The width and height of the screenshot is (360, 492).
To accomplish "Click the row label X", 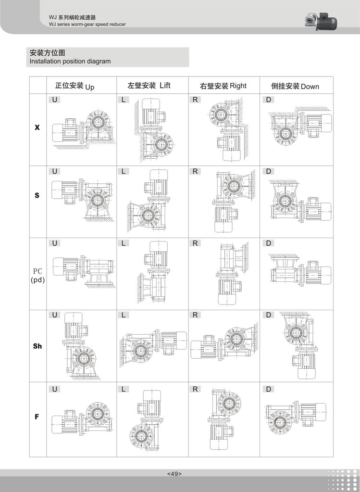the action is coord(37,127).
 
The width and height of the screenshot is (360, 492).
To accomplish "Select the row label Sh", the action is coord(37,346).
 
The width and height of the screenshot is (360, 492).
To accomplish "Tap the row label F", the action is coord(37,417).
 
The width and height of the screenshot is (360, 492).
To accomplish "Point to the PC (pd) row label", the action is coord(37,276).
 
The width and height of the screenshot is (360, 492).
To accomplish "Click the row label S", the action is coord(37,195).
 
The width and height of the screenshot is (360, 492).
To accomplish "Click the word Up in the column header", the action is coord(90,87).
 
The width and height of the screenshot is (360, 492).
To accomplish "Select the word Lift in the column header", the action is coord(165,85).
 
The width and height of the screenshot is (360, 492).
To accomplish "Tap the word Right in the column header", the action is coord(238,86).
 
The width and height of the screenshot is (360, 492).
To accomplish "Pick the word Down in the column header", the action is coord(310,87).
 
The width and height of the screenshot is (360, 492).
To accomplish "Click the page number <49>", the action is coord(174,474).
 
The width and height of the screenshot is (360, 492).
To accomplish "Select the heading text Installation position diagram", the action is coord(70,61).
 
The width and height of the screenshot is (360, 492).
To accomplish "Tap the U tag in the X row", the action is coord(55,100).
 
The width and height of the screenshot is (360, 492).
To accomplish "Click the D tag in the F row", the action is coord(268,390).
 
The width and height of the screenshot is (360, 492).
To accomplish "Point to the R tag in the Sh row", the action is coord(195,315).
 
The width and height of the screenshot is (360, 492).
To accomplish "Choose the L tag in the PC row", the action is coord(124,243).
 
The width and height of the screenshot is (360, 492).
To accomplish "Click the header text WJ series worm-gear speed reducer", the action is coord(87,24).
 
